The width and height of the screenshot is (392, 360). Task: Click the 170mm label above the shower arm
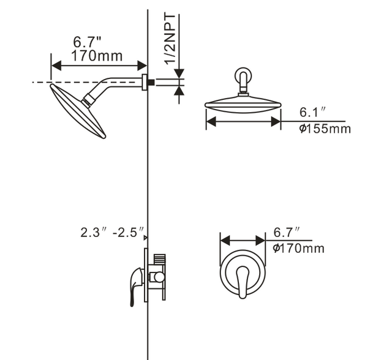[97, 56]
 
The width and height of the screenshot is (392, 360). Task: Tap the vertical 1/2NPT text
[171, 40]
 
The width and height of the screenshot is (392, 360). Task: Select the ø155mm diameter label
[325, 129]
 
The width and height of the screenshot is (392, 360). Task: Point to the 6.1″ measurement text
[312, 112]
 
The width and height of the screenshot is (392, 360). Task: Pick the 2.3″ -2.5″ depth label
[111, 233]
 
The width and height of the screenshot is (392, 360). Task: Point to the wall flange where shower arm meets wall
[145, 82]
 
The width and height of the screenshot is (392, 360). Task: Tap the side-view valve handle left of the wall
[133, 285]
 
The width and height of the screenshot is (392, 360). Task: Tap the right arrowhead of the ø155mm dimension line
[277, 122]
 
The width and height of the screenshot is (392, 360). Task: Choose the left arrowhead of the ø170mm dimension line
[223, 241]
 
